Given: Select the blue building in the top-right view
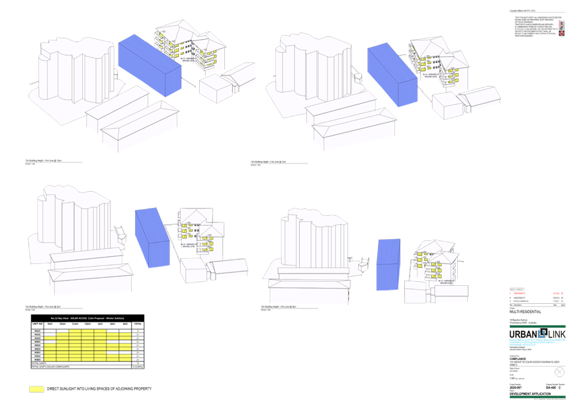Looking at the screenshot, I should click(392, 73).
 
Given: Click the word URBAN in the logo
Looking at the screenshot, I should click(523, 335).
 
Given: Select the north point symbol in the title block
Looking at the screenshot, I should click(560, 371).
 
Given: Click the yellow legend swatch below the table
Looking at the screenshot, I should click(36, 389).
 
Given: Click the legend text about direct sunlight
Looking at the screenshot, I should click(99, 389).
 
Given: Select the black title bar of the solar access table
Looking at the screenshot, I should click(88, 318).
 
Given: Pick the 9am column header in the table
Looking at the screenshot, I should click(50, 324).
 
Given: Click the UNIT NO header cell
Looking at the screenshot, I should click(37, 324).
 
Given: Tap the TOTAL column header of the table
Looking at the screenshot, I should click(138, 324).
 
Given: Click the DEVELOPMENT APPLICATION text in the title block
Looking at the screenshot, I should click(531, 394).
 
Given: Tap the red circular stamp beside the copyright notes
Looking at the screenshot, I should click(561, 31).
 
